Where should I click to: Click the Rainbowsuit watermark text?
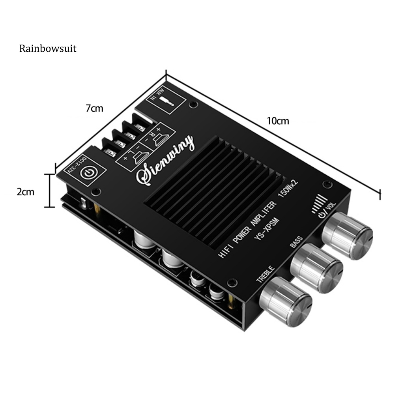(48, 49)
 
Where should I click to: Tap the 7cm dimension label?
(95, 108)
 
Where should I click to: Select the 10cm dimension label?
(278, 121)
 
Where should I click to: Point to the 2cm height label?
(25, 192)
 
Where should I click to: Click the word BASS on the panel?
(296, 241)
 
